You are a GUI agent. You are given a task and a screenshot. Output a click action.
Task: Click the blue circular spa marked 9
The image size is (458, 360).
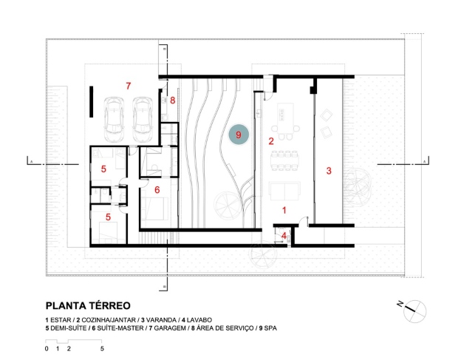click(x=239, y=135)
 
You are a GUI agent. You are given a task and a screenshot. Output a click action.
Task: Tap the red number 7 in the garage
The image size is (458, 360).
click(x=129, y=86)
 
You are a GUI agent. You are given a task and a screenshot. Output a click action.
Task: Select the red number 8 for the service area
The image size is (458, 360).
click(x=172, y=101)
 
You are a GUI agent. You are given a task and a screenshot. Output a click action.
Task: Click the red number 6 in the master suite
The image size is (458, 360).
click(x=157, y=190)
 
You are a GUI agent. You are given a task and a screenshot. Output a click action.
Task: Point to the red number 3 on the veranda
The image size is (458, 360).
click(x=329, y=171)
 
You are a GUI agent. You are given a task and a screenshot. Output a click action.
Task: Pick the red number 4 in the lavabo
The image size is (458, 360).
click(x=284, y=236)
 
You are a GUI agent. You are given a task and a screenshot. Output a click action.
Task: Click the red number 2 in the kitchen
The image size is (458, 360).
click(x=271, y=141)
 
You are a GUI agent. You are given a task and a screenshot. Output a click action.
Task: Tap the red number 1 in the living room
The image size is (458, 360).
click(x=284, y=210)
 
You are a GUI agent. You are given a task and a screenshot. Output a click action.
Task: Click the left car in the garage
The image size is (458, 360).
click(x=114, y=119)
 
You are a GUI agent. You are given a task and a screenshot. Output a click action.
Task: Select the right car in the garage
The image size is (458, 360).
click(x=143, y=119)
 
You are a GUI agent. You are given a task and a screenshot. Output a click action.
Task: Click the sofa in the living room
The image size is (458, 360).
click(x=284, y=191)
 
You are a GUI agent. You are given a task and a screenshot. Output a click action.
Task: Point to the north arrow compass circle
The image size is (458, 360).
click(x=414, y=311)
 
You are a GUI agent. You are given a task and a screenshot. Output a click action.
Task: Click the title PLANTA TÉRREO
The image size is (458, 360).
click(x=88, y=305)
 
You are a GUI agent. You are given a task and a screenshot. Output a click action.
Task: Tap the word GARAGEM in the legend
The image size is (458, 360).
click(x=170, y=328)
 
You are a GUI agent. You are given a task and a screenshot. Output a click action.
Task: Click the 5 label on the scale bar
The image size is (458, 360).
click(x=102, y=349)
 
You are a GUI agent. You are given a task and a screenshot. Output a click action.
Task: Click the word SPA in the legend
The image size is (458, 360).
click(x=270, y=328)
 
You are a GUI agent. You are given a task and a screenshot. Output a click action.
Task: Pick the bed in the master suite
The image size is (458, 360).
click(x=154, y=208)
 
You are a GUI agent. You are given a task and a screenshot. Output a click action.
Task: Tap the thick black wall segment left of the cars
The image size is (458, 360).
click(x=92, y=102)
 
